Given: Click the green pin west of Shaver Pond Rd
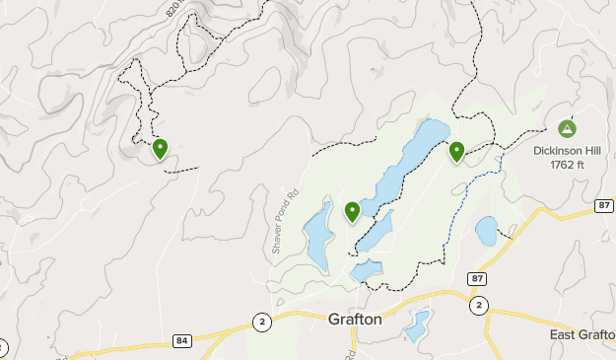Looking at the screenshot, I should [160, 149].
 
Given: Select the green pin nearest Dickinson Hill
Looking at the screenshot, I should [456, 152].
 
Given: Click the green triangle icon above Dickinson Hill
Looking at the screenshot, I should [567, 128].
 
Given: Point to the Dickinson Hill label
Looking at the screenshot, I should [567, 151].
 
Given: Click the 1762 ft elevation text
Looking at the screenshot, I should [567, 165].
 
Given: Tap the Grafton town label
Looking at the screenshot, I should [355, 321].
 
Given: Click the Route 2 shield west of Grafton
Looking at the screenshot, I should [262, 321].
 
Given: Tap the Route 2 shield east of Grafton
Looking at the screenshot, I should [478, 305].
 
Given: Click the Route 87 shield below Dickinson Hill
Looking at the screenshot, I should [604, 205].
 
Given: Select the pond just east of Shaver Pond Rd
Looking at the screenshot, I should [318, 237].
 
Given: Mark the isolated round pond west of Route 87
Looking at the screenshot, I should [486, 232].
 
